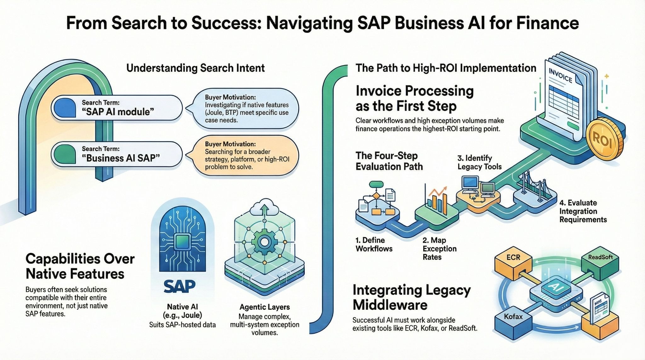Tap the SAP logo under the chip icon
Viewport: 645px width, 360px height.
click(x=180, y=286)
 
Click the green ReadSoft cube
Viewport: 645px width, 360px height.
click(x=600, y=260)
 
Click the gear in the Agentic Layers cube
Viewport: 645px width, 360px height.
click(x=265, y=242)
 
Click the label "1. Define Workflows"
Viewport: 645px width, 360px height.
click(x=374, y=244)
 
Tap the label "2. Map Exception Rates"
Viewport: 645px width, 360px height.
click(x=439, y=249)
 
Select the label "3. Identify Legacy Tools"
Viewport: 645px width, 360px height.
click(x=479, y=162)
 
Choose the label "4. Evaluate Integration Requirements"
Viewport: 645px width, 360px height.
click(x=583, y=211)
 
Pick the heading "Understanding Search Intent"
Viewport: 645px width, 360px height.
click(x=195, y=68)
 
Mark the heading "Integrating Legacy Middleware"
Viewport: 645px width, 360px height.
click(x=411, y=297)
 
